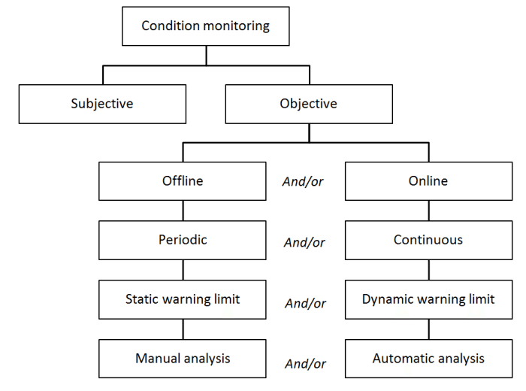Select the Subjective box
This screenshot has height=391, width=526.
coord(102,104)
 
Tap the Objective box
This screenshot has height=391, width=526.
coord(308,104)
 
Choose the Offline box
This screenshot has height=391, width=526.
coord(183,181)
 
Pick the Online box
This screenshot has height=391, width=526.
coord(428,181)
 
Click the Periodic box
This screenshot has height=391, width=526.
coord(183,241)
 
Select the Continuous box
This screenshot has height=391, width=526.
coord(428,241)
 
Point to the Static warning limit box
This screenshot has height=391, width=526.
coord(183,299)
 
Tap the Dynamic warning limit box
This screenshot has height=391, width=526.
coord(428,299)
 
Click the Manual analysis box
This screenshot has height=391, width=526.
coord(183,359)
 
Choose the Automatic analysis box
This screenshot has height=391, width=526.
coord(428,359)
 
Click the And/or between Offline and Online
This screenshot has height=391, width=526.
coord(304,182)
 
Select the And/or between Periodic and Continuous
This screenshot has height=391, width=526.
coord(304,242)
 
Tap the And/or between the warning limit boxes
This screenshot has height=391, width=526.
coord(304,304)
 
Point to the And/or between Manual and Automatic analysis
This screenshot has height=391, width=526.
coord(304,364)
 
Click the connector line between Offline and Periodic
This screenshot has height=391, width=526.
coord(183,211)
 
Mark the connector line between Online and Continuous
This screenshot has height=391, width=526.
coord(428,211)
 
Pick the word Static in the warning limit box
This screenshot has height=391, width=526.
coord(142,299)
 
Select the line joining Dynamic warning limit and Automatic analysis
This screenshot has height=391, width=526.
coord(428,329)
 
